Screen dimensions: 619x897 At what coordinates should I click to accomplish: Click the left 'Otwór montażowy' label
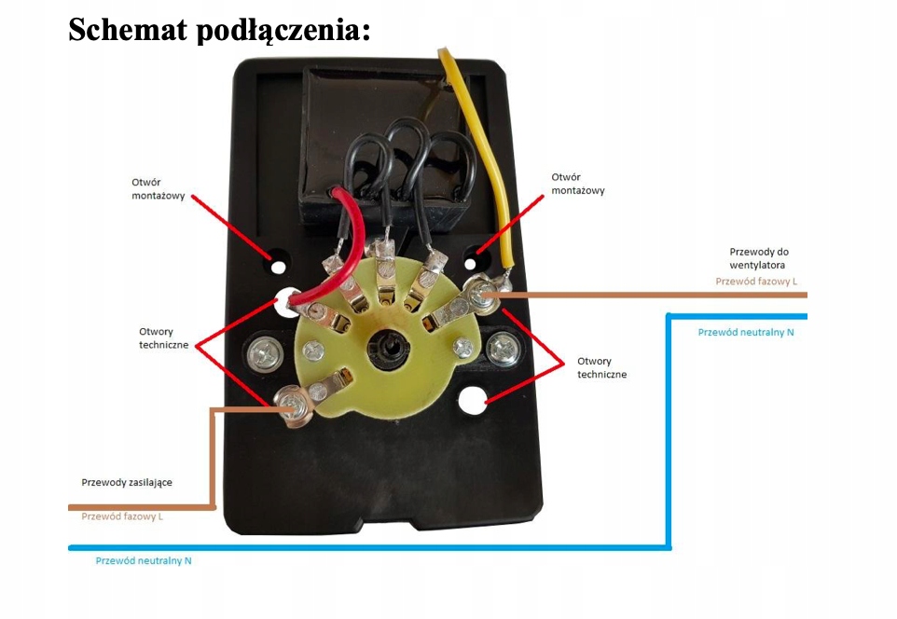click(x=159, y=189)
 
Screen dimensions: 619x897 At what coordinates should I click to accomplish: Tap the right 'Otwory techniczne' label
click(x=601, y=367)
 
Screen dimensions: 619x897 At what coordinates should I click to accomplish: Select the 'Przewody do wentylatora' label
click(x=759, y=258)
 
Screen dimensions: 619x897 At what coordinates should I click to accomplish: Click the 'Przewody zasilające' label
click(x=127, y=482)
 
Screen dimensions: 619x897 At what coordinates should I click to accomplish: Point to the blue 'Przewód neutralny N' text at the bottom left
click(x=144, y=560)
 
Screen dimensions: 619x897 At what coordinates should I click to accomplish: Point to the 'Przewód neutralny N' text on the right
click(x=746, y=332)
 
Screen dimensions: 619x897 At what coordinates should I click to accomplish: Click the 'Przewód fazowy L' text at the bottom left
click(x=122, y=516)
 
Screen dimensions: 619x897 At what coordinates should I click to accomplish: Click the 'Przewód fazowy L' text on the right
click(x=756, y=281)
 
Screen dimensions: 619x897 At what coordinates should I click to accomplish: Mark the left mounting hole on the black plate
click(x=277, y=265)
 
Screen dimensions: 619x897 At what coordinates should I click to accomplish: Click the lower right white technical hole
click(x=474, y=401)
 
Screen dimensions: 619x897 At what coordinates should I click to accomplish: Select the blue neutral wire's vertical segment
click(x=669, y=429)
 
